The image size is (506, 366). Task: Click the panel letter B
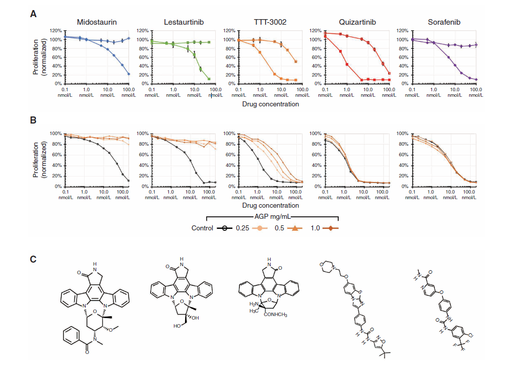click(33, 120)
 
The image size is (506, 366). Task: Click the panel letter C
click(33, 260)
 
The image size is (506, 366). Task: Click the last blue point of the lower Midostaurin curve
click(129, 74)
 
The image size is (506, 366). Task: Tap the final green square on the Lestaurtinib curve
click(209, 79)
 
